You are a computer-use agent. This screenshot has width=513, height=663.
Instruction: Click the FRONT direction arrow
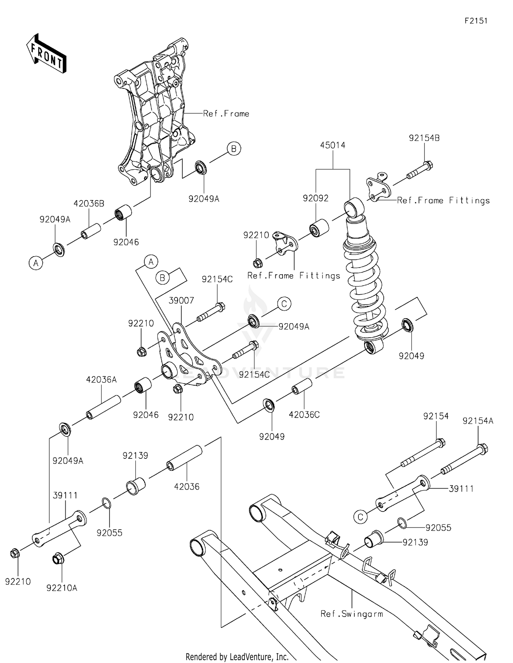[x=46, y=53]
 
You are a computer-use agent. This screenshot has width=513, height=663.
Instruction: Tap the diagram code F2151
[x=476, y=21]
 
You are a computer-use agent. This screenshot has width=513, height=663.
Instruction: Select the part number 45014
[x=332, y=145]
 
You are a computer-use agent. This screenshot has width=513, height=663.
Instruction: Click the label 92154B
[x=424, y=138]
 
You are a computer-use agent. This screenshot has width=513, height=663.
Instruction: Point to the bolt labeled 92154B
[x=420, y=170]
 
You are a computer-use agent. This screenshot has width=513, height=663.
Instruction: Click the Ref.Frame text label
[x=226, y=114]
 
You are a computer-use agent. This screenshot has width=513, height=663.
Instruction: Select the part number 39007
[x=181, y=300]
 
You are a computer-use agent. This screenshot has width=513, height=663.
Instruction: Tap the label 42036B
[x=89, y=204]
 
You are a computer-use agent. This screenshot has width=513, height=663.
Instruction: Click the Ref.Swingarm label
[x=352, y=614]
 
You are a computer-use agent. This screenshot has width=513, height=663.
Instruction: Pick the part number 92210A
[x=62, y=588]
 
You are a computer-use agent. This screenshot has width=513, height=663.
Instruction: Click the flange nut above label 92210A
[x=57, y=559]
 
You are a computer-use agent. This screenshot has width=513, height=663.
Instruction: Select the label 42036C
[x=304, y=415]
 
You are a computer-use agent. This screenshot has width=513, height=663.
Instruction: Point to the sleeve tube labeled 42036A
[x=103, y=407]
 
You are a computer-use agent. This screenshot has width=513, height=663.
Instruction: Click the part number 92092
[x=315, y=198]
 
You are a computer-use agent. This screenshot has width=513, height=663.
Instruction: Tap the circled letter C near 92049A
[x=284, y=304]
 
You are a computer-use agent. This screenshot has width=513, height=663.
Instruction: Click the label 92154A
[x=478, y=421]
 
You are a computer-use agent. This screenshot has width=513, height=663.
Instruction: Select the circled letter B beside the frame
[x=234, y=148]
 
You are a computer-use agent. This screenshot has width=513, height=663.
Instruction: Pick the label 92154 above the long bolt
[x=436, y=416]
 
